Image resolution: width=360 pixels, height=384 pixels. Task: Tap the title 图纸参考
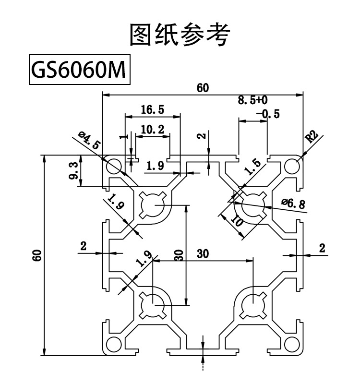point(180,35)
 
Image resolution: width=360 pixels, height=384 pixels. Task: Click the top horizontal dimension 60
point(203,87)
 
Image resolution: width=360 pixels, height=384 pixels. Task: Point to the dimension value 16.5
point(153,110)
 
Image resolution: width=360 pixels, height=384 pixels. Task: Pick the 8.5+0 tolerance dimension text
point(252,100)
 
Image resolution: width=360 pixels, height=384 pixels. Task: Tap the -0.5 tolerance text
point(267,114)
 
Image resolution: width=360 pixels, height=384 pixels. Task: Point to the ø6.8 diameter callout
point(293,204)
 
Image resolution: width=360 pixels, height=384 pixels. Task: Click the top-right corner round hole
point(291,166)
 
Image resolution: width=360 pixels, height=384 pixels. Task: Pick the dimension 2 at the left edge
point(84,246)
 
